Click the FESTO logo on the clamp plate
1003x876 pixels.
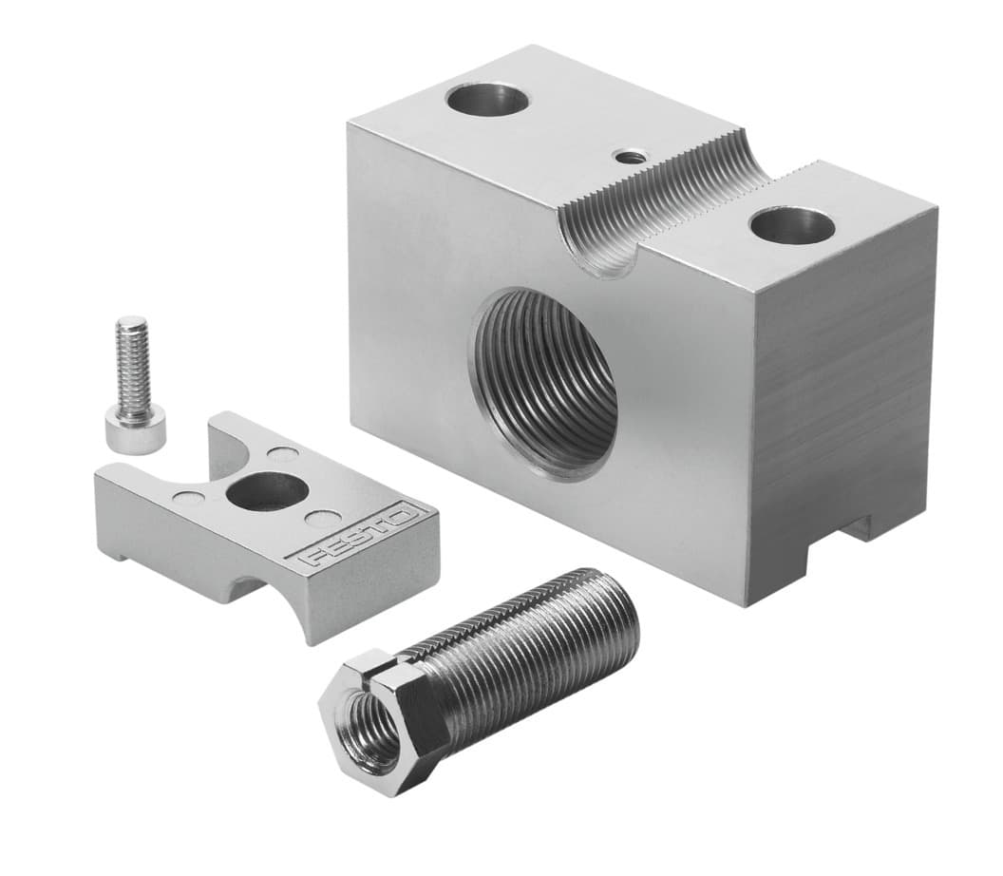pos(359,538)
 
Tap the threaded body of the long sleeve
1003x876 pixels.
pos(518,646)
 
